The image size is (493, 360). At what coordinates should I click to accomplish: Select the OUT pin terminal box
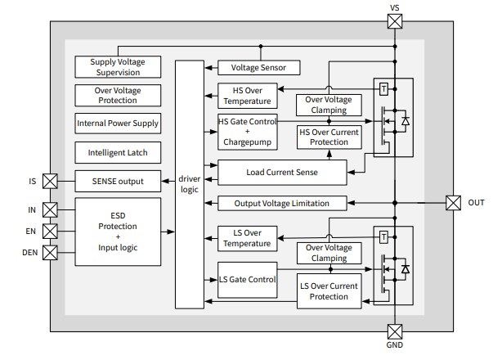click(454, 202)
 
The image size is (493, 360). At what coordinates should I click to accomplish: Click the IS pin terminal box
click(51, 181)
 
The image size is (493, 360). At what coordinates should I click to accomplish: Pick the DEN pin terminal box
click(51, 252)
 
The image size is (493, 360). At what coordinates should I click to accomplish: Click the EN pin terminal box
click(51, 232)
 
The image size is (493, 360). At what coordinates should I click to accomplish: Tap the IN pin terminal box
click(51, 210)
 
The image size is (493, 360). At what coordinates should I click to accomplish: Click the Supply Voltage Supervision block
click(118, 67)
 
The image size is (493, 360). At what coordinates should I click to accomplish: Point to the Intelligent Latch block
click(118, 152)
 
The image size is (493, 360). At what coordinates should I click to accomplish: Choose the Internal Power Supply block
click(118, 124)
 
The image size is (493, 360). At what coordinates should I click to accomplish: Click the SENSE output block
click(118, 181)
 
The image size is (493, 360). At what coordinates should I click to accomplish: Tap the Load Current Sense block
click(282, 173)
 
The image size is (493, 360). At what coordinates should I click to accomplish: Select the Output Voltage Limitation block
click(282, 203)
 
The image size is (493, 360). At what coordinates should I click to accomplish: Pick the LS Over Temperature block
click(246, 238)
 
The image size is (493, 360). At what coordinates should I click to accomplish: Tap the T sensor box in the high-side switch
click(383, 88)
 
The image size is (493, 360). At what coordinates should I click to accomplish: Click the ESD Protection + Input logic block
click(118, 231)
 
